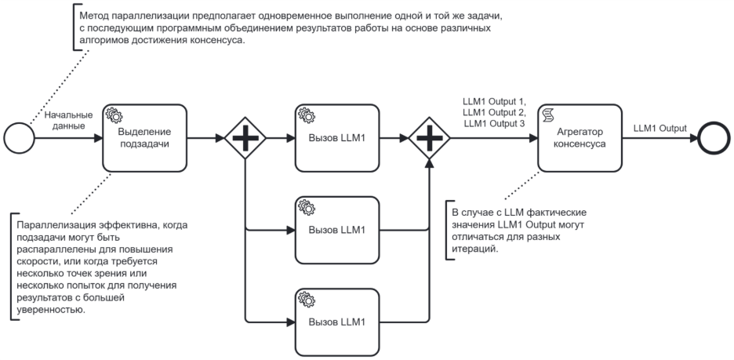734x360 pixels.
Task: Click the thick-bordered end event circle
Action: (x=714, y=138)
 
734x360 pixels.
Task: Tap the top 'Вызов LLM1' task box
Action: (x=337, y=138)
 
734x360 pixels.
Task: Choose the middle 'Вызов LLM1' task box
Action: (x=337, y=230)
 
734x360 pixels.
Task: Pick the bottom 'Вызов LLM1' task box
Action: (x=337, y=322)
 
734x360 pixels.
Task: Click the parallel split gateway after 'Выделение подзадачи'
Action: (x=245, y=138)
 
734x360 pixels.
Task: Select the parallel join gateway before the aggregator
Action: (x=429, y=138)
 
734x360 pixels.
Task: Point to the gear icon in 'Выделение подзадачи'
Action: (x=113, y=115)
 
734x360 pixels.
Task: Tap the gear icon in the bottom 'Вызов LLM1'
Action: (x=306, y=299)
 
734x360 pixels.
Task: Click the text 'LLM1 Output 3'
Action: (x=495, y=123)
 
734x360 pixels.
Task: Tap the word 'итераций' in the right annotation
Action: (x=473, y=248)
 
